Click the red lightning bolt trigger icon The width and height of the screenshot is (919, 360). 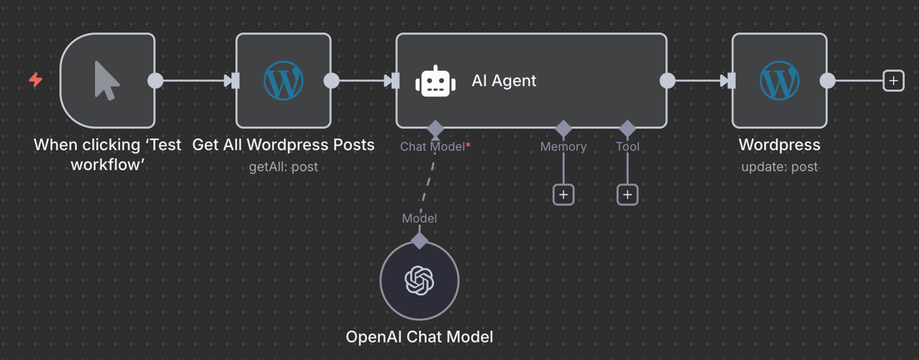36,80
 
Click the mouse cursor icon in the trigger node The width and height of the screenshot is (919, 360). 106,81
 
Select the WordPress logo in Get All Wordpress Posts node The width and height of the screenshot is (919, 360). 283,81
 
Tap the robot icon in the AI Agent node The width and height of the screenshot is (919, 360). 435,81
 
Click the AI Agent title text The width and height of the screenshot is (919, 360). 504,81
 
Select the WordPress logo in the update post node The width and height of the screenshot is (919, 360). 779,81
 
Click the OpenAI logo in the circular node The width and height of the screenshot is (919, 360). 419,281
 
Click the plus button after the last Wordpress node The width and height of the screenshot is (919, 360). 893,81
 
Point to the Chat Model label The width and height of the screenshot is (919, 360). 432,147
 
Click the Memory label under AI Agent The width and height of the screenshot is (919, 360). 563,147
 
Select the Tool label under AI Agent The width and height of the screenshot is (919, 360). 627,147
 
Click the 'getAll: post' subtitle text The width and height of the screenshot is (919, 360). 283,167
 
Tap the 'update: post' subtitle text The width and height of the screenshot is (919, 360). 779,167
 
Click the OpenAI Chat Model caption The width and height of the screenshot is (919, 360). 419,336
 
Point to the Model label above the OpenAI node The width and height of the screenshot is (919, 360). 419,218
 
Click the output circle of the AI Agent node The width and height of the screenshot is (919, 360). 667,81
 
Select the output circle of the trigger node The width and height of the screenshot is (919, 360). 155,81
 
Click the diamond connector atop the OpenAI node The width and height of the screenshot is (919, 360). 419,240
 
